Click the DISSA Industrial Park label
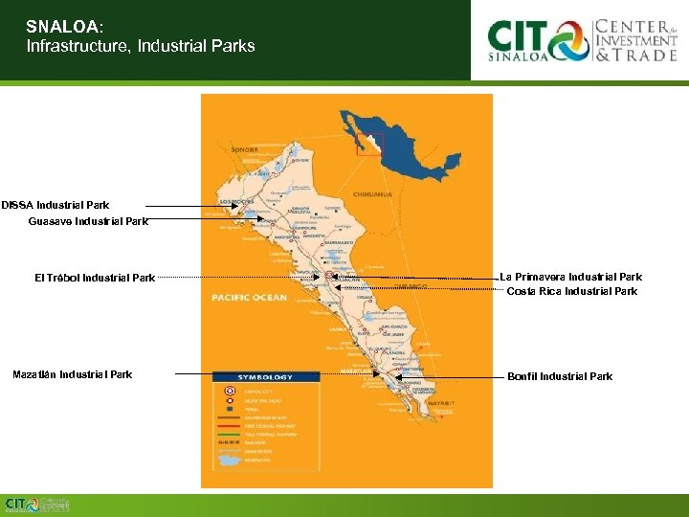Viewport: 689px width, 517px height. (x=56, y=205)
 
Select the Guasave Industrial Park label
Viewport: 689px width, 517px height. (x=88, y=221)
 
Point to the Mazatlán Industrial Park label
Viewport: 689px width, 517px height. (x=73, y=374)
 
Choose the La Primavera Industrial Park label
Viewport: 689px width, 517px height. (x=571, y=278)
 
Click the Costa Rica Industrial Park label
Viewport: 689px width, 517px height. (x=571, y=291)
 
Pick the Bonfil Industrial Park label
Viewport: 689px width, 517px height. (x=560, y=376)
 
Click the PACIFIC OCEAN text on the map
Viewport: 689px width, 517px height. (x=249, y=298)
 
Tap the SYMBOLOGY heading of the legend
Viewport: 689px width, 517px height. (x=267, y=377)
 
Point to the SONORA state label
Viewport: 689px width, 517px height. (x=246, y=150)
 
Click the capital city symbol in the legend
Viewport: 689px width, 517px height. (x=228, y=391)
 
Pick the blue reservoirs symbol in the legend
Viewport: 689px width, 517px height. (x=230, y=460)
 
